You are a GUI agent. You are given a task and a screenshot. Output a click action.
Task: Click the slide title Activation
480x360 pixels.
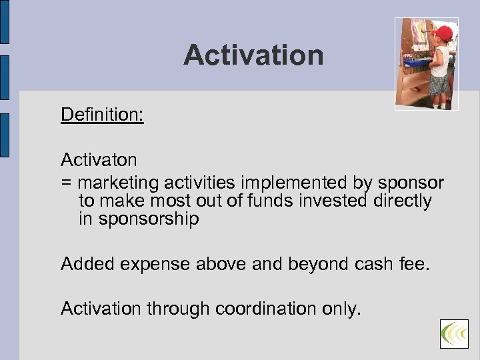253,55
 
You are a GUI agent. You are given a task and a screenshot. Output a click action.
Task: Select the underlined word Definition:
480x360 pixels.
102,115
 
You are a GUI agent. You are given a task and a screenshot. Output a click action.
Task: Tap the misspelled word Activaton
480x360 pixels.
99,160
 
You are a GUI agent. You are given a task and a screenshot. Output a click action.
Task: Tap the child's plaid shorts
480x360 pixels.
439,85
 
